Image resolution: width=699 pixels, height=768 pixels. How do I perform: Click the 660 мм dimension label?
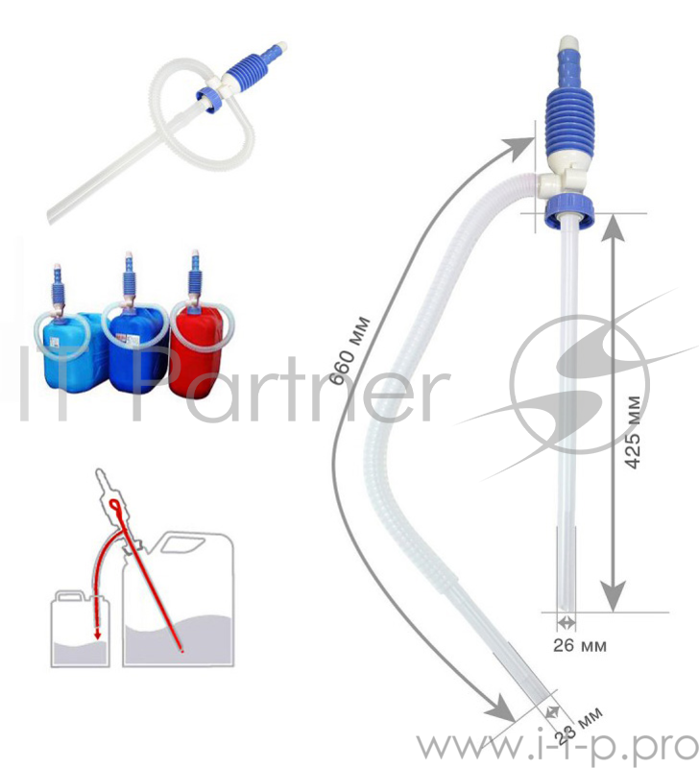click(x=349, y=350)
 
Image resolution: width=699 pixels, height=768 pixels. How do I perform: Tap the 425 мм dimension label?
click(x=634, y=432)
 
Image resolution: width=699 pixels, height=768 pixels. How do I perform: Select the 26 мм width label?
click(x=580, y=645)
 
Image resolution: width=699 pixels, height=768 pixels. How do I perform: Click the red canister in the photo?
click(x=196, y=350)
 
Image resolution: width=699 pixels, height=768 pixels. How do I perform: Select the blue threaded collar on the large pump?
click(x=569, y=210)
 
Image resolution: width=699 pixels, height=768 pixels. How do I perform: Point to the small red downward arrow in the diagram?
click(x=98, y=634)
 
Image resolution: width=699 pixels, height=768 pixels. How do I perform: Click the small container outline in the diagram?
click(x=81, y=629)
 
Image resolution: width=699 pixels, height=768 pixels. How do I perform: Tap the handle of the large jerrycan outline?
click(x=182, y=543)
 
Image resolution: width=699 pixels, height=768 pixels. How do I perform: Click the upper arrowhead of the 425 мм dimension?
click(x=613, y=228)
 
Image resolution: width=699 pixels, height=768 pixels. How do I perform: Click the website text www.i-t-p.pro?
click(x=557, y=748)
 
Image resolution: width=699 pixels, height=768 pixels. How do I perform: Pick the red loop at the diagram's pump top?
click(x=116, y=506)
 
